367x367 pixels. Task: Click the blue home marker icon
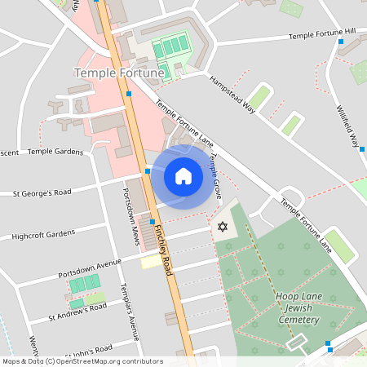[x=183, y=176]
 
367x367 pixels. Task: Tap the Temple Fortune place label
[x=120, y=73]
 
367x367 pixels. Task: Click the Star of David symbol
[x=220, y=226]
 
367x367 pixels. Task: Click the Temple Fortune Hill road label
[x=323, y=34]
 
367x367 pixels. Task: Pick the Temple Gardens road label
[x=56, y=152]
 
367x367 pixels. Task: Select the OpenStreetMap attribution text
[x=82, y=361]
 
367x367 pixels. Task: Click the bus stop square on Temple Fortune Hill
[x=340, y=41]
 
